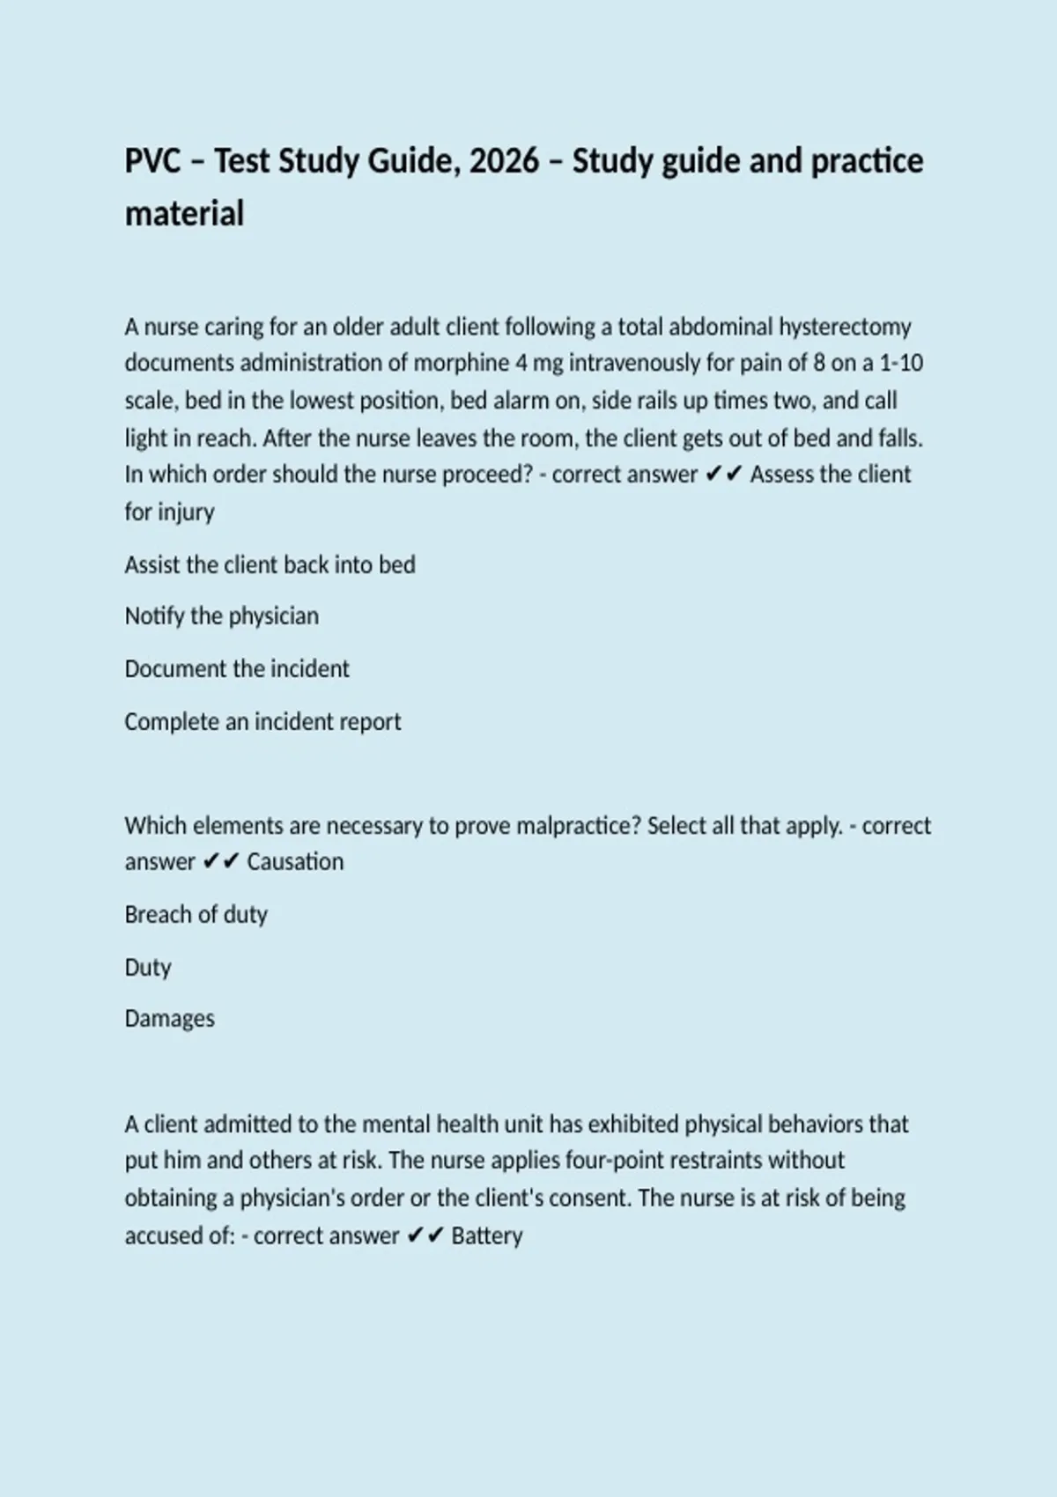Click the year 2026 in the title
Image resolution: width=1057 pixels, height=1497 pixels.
point(504,162)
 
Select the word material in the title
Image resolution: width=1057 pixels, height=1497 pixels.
point(184,214)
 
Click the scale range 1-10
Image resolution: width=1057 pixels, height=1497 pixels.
point(901,364)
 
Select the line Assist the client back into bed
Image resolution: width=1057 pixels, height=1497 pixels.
point(270,564)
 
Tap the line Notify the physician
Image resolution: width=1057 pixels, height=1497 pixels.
point(221,616)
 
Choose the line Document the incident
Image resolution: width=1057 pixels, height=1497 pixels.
point(236,669)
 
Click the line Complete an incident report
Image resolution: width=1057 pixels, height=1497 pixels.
point(262,722)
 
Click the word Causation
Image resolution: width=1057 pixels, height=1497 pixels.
point(295,862)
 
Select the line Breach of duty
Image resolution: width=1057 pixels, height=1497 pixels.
point(196,915)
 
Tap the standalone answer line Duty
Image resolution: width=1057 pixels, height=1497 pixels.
point(147,968)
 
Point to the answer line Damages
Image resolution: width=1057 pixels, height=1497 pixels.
point(169,1019)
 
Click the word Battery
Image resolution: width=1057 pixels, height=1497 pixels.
point(487,1236)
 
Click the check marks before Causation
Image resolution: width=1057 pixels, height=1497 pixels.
point(220,862)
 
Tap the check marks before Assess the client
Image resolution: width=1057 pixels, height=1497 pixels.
point(723,475)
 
